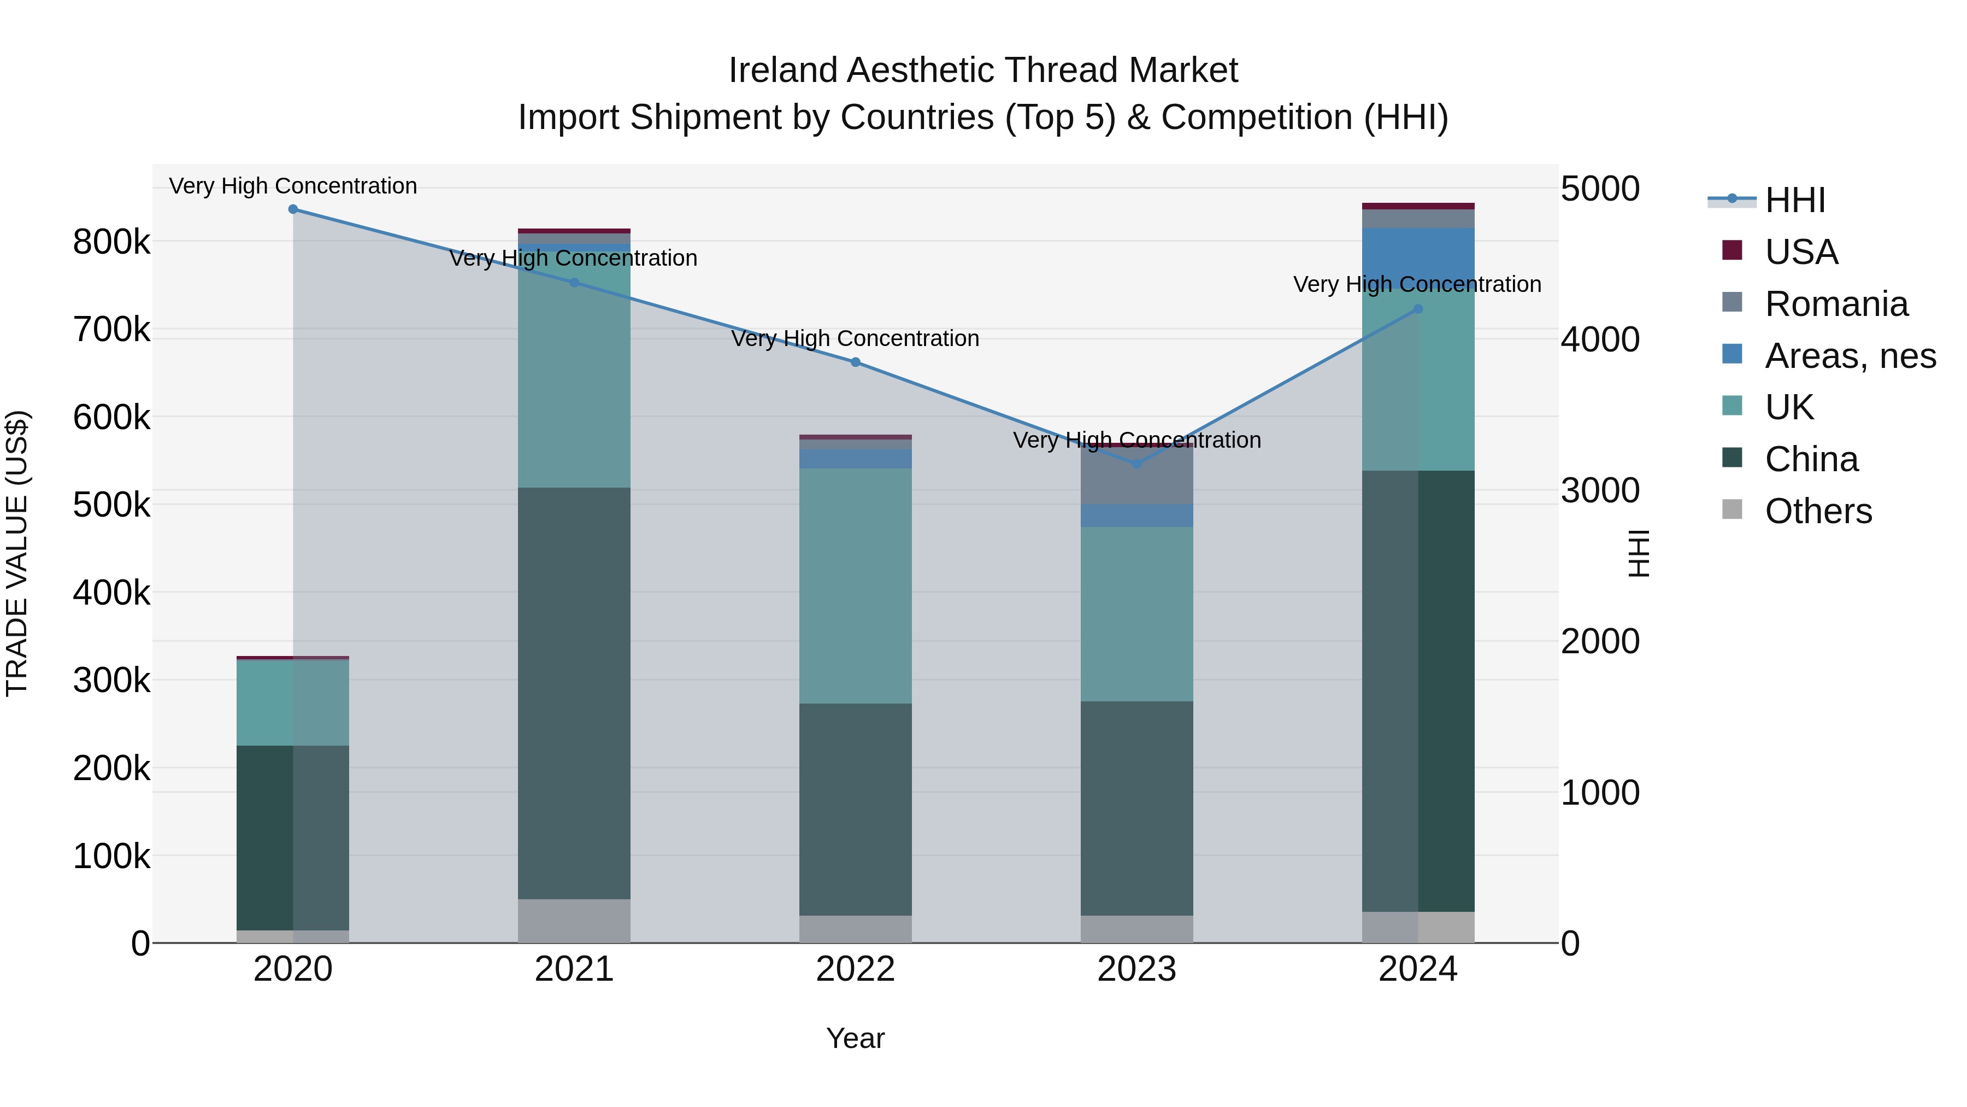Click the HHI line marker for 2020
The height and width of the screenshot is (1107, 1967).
pyautogui.click(x=293, y=209)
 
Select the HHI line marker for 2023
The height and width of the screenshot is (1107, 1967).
pyautogui.click(x=1136, y=464)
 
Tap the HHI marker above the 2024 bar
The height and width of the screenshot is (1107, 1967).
pyautogui.click(x=1418, y=309)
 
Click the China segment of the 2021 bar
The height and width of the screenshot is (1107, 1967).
pyautogui.click(x=574, y=693)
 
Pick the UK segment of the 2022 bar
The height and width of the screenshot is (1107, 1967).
pyautogui.click(x=855, y=586)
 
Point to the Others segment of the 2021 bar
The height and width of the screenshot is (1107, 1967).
pyautogui.click(x=574, y=921)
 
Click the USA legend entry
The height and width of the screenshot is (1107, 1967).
pyautogui.click(x=1800, y=252)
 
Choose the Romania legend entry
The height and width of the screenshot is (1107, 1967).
pyautogui.click(x=1836, y=304)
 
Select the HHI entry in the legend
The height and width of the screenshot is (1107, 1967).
pyautogui.click(x=1794, y=200)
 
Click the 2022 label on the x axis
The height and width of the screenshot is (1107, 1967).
pyautogui.click(x=855, y=969)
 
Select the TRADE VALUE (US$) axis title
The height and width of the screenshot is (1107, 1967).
pyautogui.click(x=17, y=553)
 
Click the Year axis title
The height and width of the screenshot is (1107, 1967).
pyautogui.click(x=855, y=1038)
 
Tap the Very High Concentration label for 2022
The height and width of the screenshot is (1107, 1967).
pyautogui.click(x=855, y=338)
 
